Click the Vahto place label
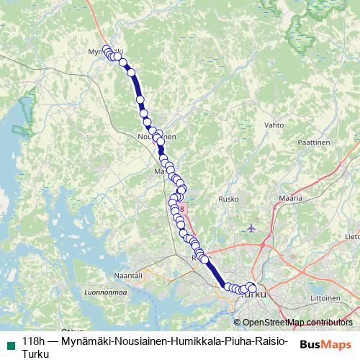[x=274, y=125]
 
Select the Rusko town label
[x=228, y=199]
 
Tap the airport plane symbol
[x=251, y=228]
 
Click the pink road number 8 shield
[x=183, y=210]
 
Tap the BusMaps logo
[x=325, y=343]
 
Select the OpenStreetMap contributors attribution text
[x=298, y=322]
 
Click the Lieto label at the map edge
[x=352, y=235]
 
